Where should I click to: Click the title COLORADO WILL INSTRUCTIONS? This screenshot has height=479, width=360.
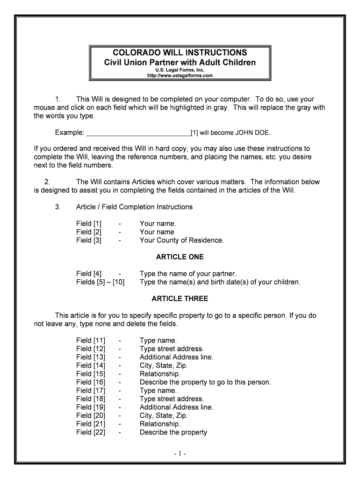coord(180,52)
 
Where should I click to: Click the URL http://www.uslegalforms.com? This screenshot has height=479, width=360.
coord(180,75)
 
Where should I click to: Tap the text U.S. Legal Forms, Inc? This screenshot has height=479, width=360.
coord(180,70)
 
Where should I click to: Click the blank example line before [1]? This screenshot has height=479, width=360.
coord(138,132)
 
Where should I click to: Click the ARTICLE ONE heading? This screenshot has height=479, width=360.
coord(180,257)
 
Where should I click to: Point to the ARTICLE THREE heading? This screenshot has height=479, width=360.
coord(180,298)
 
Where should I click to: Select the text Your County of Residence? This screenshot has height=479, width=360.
coord(181,240)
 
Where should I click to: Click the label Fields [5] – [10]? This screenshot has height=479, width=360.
coord(100,282)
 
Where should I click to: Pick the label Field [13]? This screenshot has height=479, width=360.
coord(91,357)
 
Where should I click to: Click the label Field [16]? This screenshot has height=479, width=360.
coord(91,382)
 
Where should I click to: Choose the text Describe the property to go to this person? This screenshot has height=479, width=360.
coord(205,382)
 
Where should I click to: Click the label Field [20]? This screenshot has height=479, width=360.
coord(91,415)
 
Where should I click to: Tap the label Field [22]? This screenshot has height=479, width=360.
coord(91,432)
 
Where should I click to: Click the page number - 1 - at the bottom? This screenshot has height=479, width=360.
coord(180,454)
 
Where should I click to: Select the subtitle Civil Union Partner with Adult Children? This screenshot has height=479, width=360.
coord(180,62)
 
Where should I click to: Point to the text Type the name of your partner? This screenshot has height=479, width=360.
coord(187,274)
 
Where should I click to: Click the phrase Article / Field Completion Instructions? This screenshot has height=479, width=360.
coord(134,207)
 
